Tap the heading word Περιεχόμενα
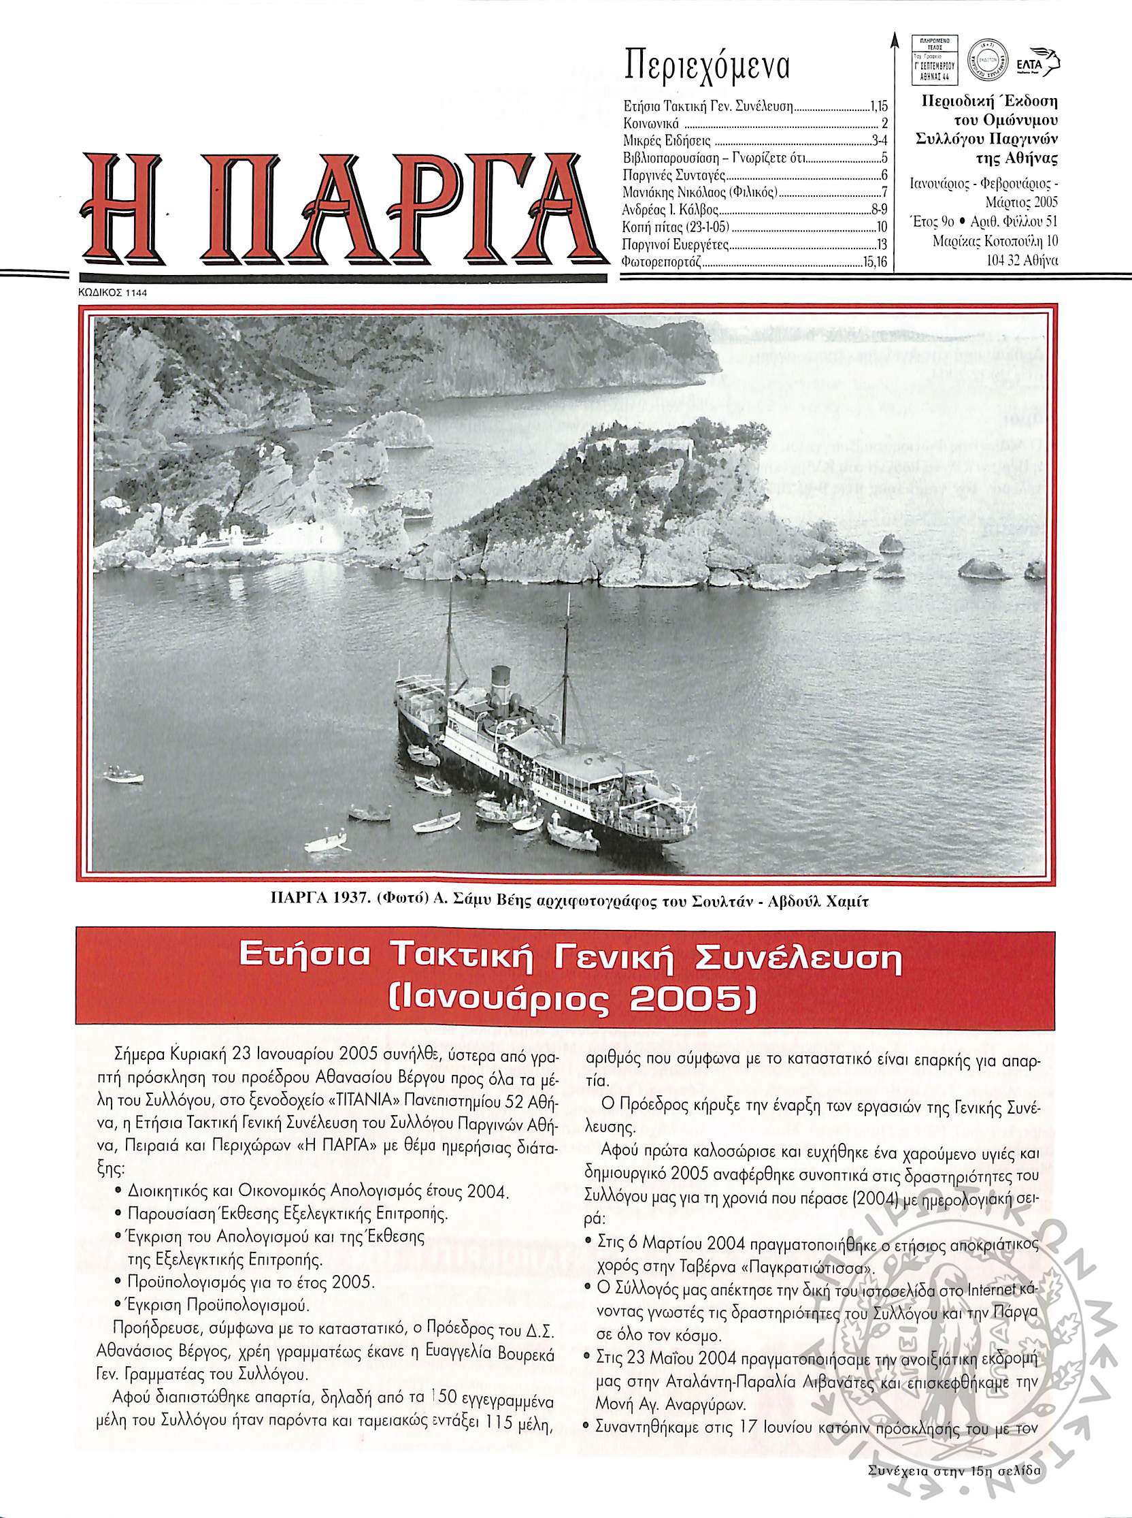click(707, 67)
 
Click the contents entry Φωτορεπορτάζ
click(661, 261)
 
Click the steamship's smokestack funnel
click(501, 685)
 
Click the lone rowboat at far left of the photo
click(124, 775)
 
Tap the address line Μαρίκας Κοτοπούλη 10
click(995, 242)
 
